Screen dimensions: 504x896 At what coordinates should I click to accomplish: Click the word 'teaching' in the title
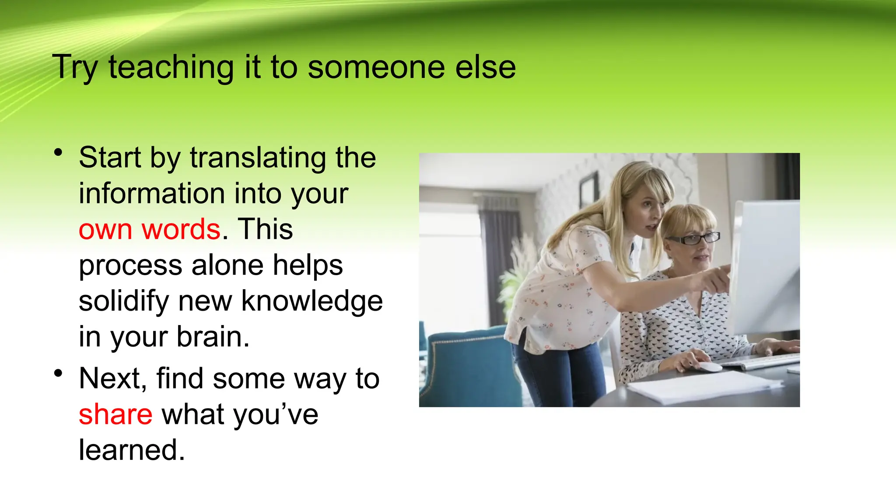(171, 68)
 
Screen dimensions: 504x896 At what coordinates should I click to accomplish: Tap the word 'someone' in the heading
(376, 68)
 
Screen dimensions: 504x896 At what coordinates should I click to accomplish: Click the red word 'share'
(115, 414)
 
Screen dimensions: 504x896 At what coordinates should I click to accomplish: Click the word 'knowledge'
(312, 301)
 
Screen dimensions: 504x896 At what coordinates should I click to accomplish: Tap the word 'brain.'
(213, 337)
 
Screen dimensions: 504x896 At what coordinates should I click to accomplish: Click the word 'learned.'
(132, 450)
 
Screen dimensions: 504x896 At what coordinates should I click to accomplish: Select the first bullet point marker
(58, 153)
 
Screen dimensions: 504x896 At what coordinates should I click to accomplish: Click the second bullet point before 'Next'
(58, 373)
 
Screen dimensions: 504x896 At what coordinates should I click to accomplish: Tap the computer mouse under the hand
(709, 367)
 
